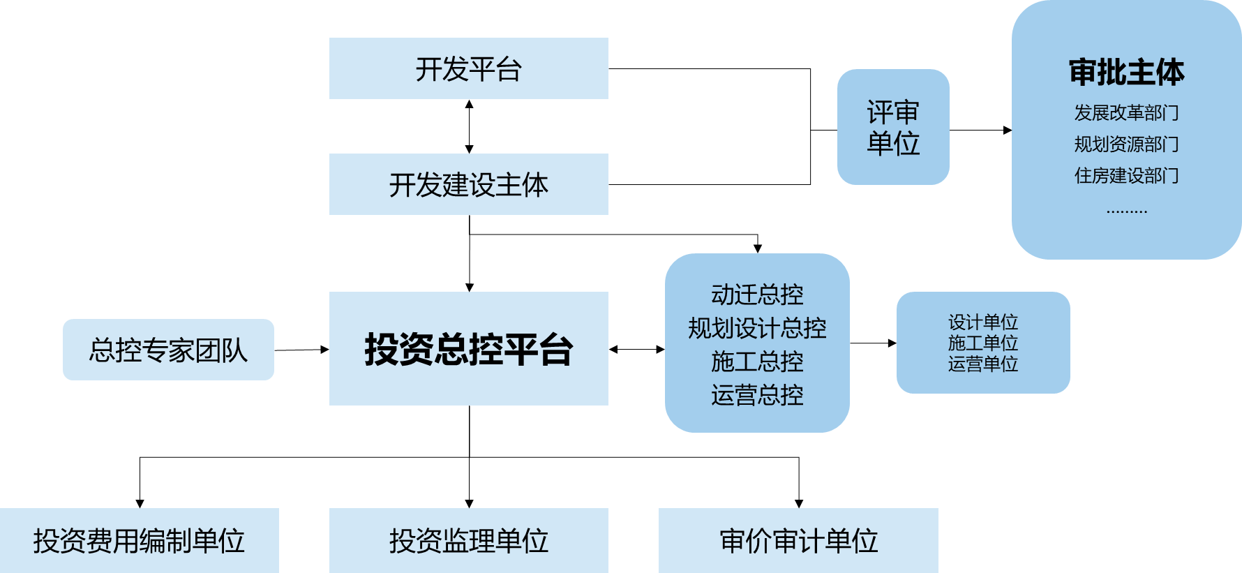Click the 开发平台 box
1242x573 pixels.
pos(468,68)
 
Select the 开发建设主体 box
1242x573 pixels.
pos(468,184)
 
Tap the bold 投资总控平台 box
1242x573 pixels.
pos(468,349)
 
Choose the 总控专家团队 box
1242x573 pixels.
pos(168,350)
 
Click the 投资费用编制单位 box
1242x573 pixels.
pos(139,541)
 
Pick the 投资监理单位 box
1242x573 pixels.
pos(468,541)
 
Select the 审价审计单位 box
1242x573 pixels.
pos(798,541)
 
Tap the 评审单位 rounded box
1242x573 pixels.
pos(893,127)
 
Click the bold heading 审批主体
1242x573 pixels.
pos(1126,73)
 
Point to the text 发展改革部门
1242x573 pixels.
pos(1126,112)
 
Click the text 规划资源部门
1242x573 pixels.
pos(1126,144)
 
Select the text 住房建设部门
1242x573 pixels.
pos(1126,175)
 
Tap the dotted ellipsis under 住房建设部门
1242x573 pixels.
pos(1126,210)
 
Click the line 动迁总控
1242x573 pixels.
pos(757,295)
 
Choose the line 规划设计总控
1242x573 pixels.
pos(757,328)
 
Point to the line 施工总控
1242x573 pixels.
pos(757,362)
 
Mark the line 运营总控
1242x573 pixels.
pos(757,395)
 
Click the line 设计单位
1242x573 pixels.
pos(982,322)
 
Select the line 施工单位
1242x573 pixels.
pos(982,343)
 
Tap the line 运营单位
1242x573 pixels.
pos(982,364)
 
